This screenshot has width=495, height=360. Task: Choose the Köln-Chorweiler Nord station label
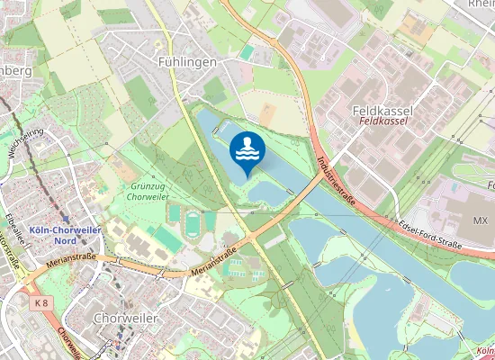65,234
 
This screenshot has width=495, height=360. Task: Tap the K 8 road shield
38,303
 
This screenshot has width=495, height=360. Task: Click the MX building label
480,220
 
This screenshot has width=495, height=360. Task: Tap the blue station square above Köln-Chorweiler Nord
67,216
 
